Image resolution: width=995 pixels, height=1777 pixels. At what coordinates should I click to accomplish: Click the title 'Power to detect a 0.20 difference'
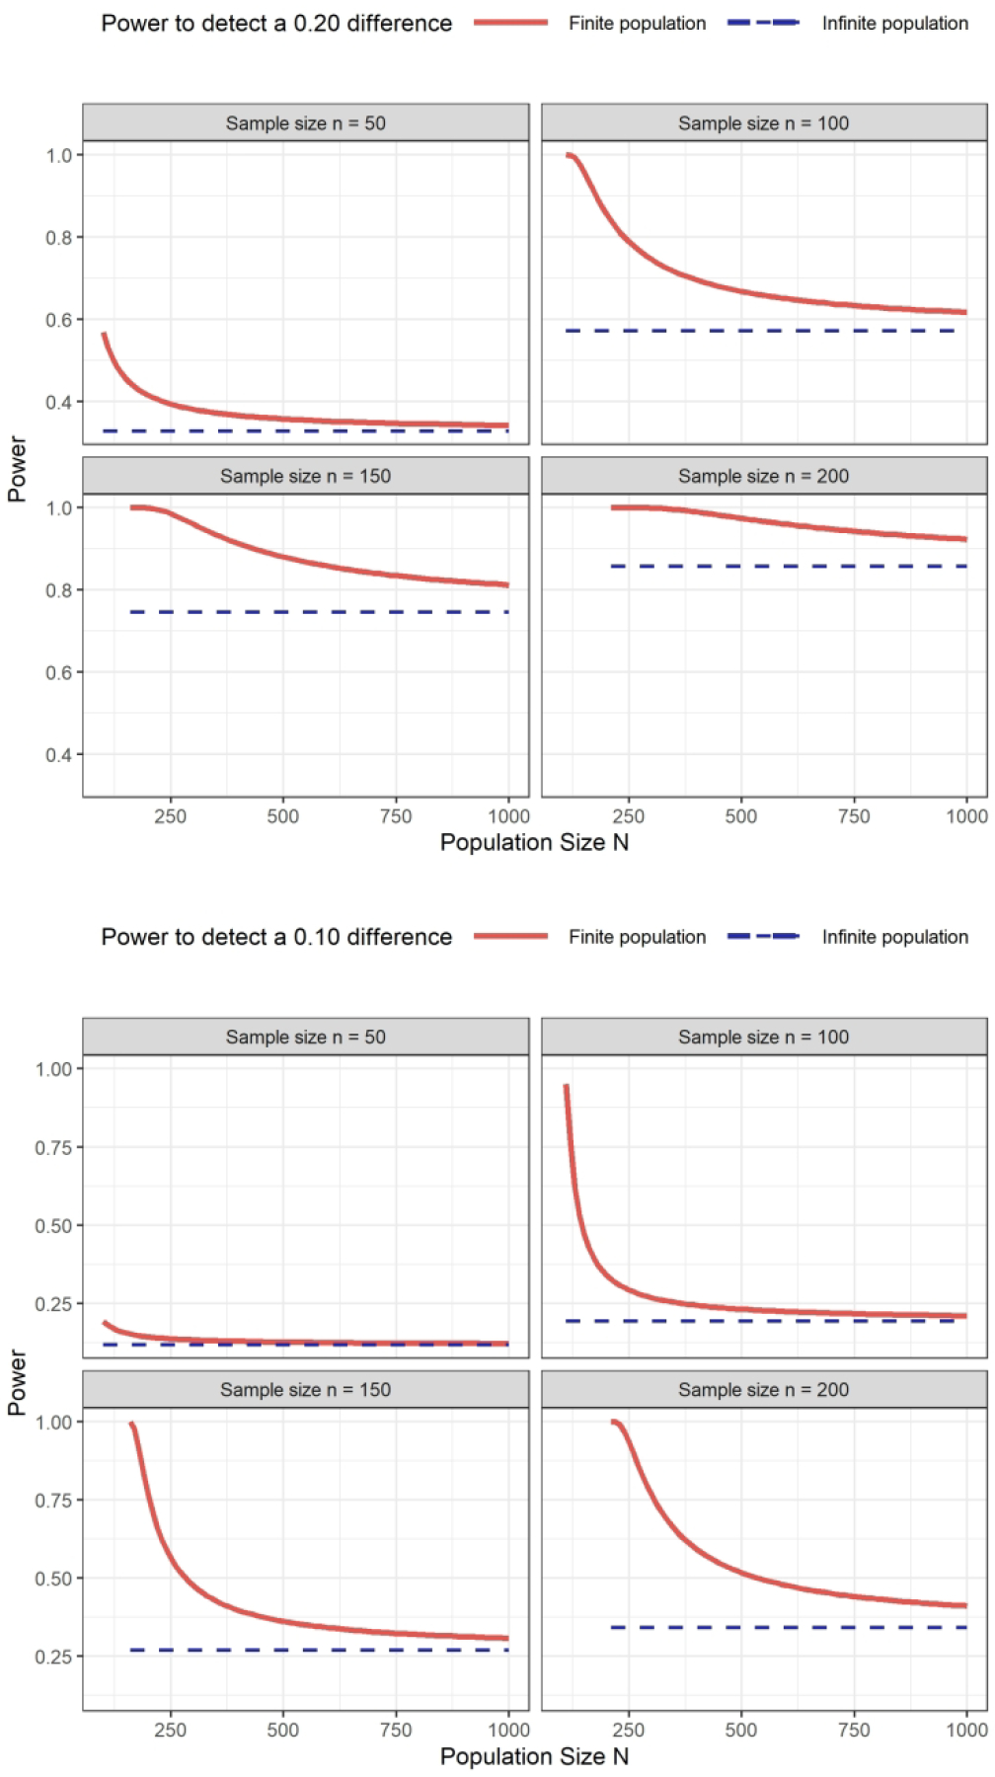coord(276,24)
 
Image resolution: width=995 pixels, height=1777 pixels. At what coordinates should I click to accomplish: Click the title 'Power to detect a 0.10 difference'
coord(276,937)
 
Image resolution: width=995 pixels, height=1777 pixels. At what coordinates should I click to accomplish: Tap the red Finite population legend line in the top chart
coord(510,23)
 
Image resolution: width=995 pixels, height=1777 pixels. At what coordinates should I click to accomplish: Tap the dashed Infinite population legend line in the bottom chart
coord(763,936)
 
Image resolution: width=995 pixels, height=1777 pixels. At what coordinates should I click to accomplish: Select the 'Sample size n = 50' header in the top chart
coord(305,123)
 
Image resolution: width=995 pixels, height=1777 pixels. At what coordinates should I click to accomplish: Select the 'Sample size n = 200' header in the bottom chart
coord(763,1390)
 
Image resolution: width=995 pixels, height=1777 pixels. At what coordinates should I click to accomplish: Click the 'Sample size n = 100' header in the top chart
coord(763,123)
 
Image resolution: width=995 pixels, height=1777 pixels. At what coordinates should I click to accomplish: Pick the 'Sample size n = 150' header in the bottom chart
coord(305,1390)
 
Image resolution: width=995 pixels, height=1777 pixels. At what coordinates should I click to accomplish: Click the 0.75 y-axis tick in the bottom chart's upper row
coord(53,1147)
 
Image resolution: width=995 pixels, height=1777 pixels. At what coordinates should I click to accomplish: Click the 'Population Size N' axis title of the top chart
coord(534,843)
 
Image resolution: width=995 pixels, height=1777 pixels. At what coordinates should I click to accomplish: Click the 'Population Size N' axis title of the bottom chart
coord(534,1756)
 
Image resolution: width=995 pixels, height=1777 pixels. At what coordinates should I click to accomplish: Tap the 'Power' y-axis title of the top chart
coord(17,469)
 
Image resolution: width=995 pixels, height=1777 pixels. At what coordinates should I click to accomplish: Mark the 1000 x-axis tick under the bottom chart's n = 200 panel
coord(966,1730)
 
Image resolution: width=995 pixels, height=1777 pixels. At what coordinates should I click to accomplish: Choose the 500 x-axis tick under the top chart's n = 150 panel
coord(283,816)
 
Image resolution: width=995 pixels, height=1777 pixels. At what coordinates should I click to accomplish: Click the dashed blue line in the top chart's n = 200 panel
coord(790,567)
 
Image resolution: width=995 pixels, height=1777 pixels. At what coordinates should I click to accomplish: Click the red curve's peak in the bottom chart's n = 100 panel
coord(566,1087)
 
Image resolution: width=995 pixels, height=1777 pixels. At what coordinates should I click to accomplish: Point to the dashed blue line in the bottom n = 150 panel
coord(316,1650)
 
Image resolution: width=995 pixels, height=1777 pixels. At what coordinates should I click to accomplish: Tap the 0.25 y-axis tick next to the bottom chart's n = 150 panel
coord(53,1657)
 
